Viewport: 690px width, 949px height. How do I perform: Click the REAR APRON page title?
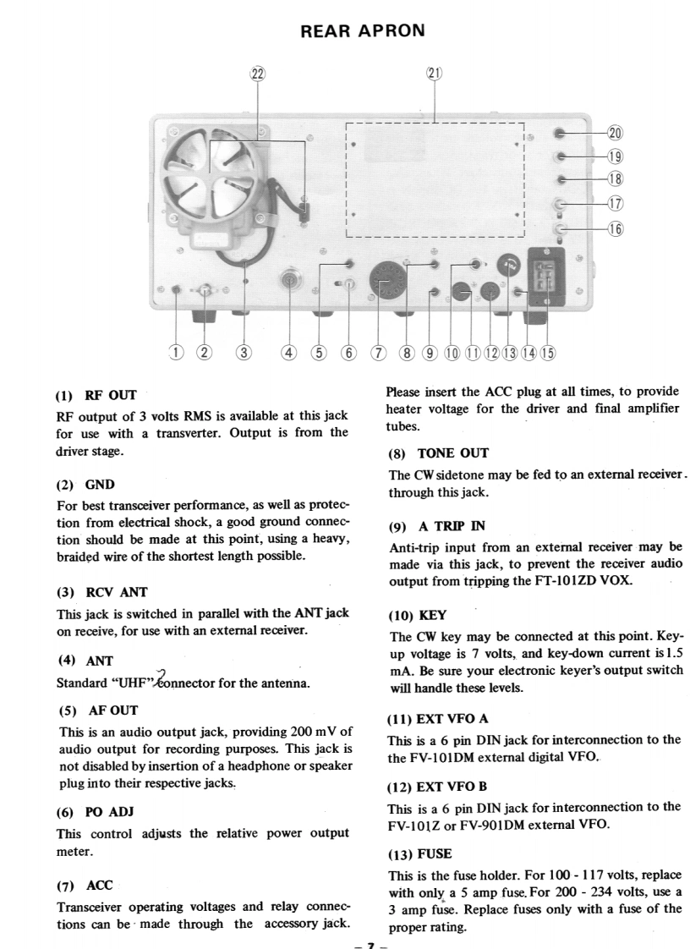[363, 31]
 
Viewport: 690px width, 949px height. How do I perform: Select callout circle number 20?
[615, 133]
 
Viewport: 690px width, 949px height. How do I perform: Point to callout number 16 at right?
[615, 229]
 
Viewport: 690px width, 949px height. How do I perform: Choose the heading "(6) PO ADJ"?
[95, 812]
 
